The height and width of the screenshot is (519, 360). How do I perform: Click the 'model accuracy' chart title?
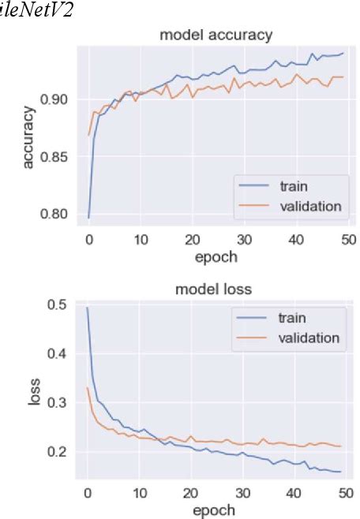[x=216, y=35]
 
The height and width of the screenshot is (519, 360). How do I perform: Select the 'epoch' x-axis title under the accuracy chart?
[x=216, y=256]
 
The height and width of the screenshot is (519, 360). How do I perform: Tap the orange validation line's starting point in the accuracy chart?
[x=88, y=136]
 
